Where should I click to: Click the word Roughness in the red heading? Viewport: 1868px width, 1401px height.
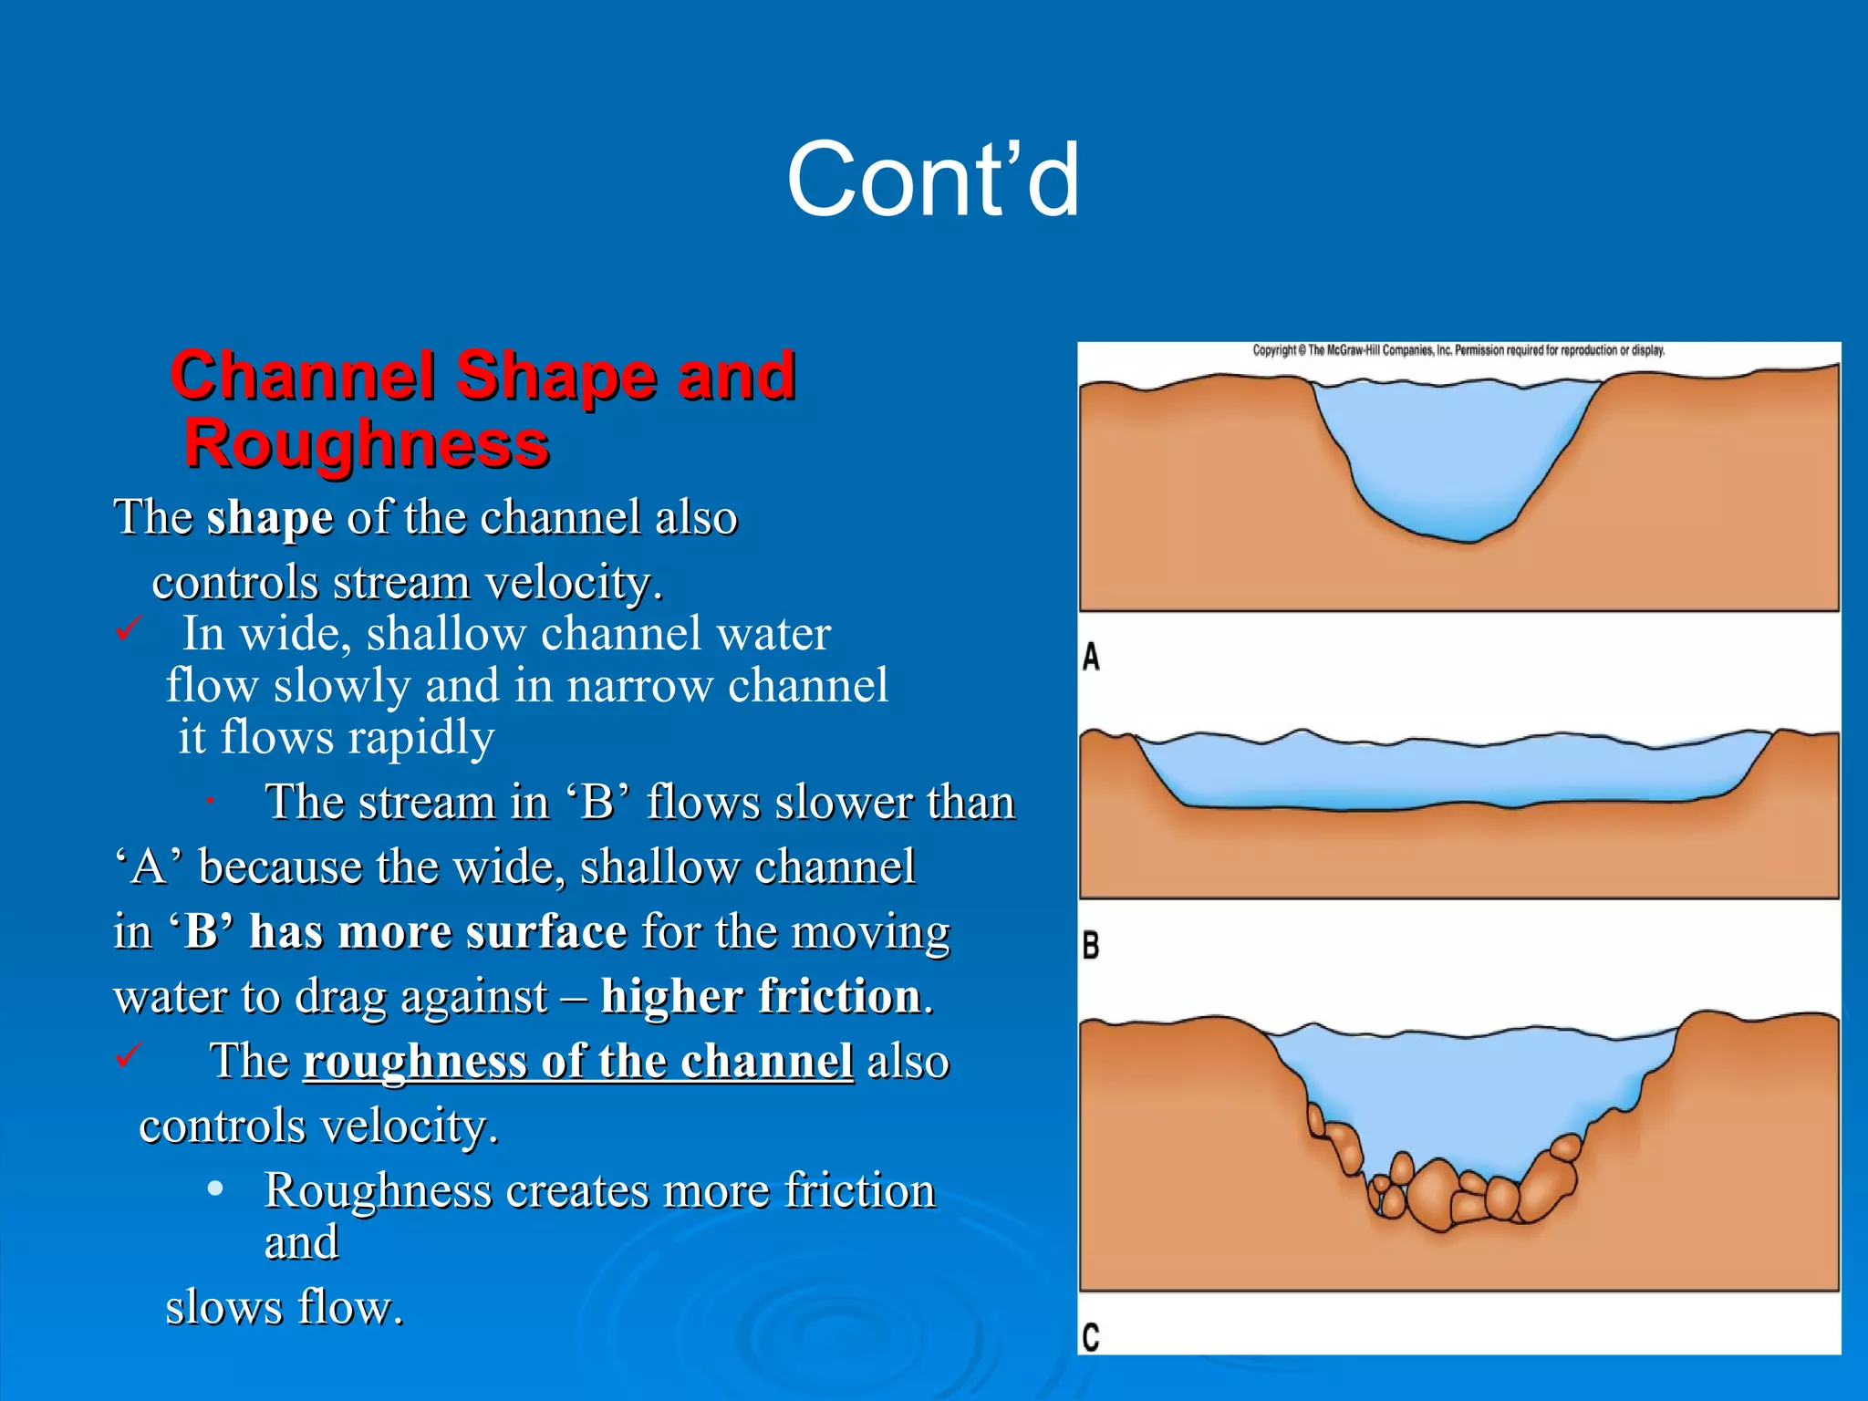367,444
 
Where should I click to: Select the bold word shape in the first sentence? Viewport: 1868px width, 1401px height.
270,518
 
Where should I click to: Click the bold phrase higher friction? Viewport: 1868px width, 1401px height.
762,995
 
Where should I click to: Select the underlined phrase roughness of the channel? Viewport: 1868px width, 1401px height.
578,1061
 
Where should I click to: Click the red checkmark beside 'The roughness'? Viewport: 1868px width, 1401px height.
129,1055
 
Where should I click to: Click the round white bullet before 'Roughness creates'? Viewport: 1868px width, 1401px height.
215,1189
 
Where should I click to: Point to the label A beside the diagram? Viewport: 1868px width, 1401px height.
1091,657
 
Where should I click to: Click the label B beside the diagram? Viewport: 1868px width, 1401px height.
1091,945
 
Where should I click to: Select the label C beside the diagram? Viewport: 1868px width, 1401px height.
1091,1337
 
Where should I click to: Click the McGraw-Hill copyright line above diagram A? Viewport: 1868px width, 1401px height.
1458,350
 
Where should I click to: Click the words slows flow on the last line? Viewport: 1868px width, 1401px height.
285,1307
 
